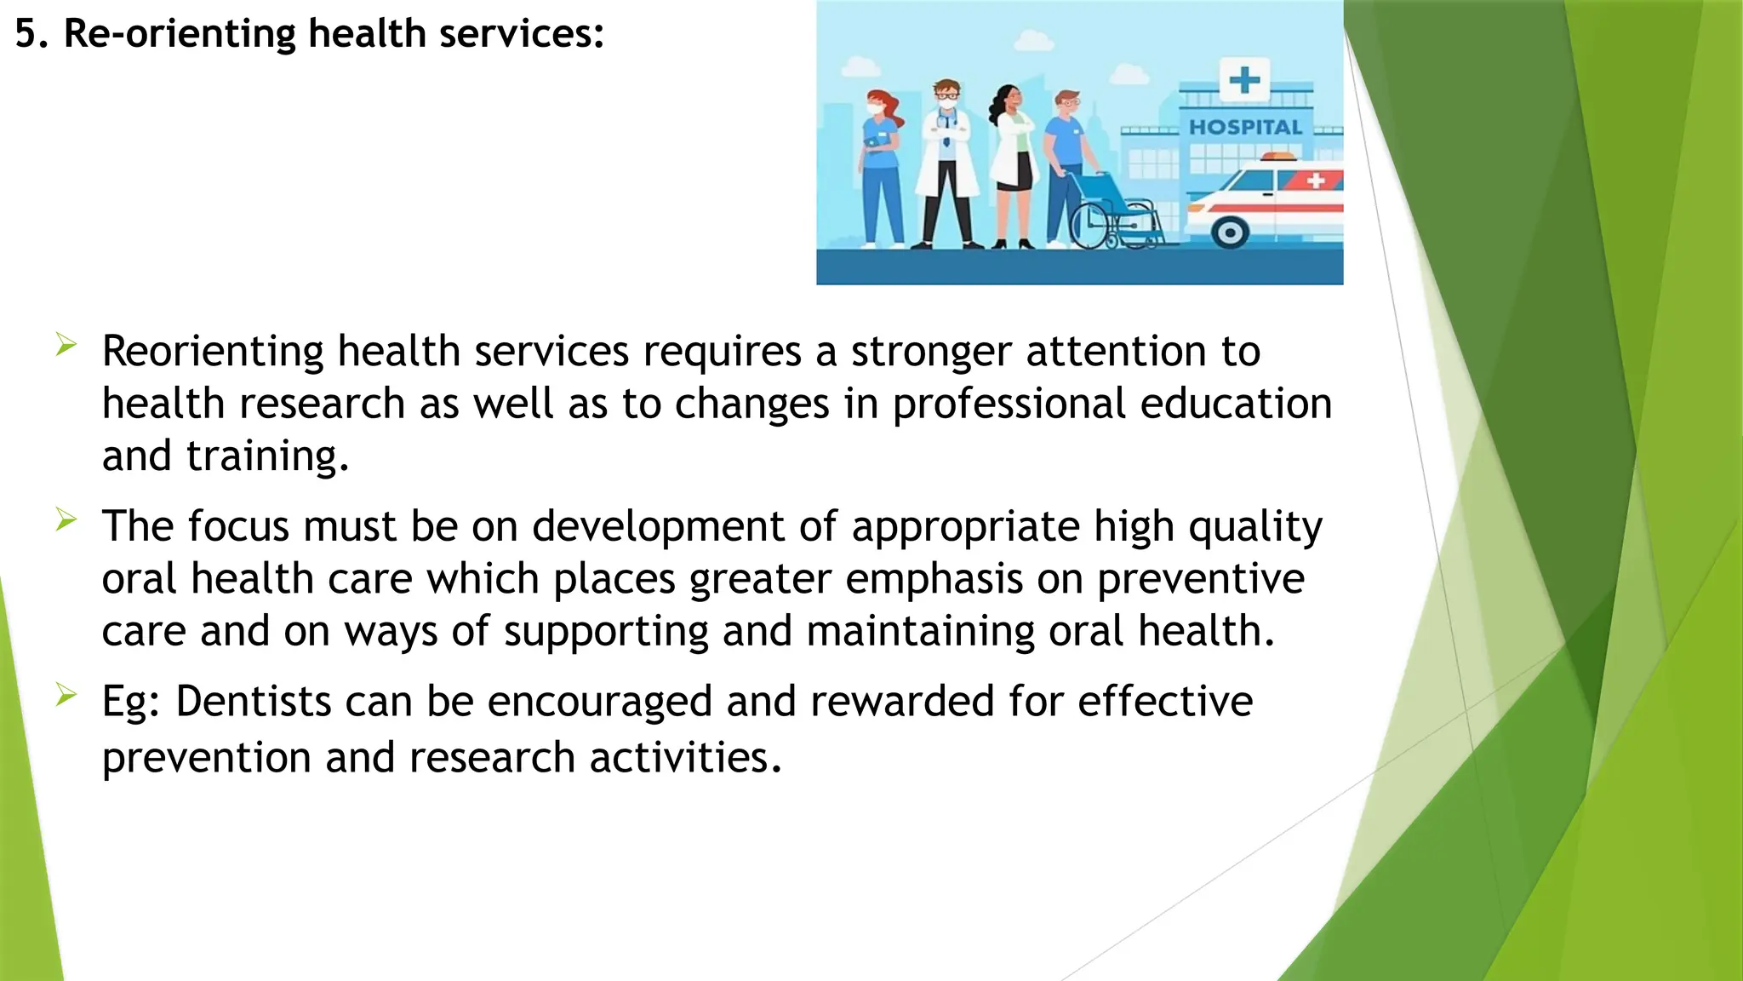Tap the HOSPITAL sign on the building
pyautogui.click(x=1245, y=128)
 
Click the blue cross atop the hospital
pyautogui.click(x=1244, y=81)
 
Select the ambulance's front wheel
pyautogui.click(x=1229, y=232)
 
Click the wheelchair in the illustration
pyautogui.click(x=1114, y=212)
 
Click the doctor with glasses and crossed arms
pyautogui.click(x=947, y=162)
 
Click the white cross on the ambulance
pyautogui.click(x=1316, y=181)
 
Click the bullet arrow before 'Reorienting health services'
pyautogui.click(x=66, y=345)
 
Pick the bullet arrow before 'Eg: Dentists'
pyautogui.click(x=66, y=695)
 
